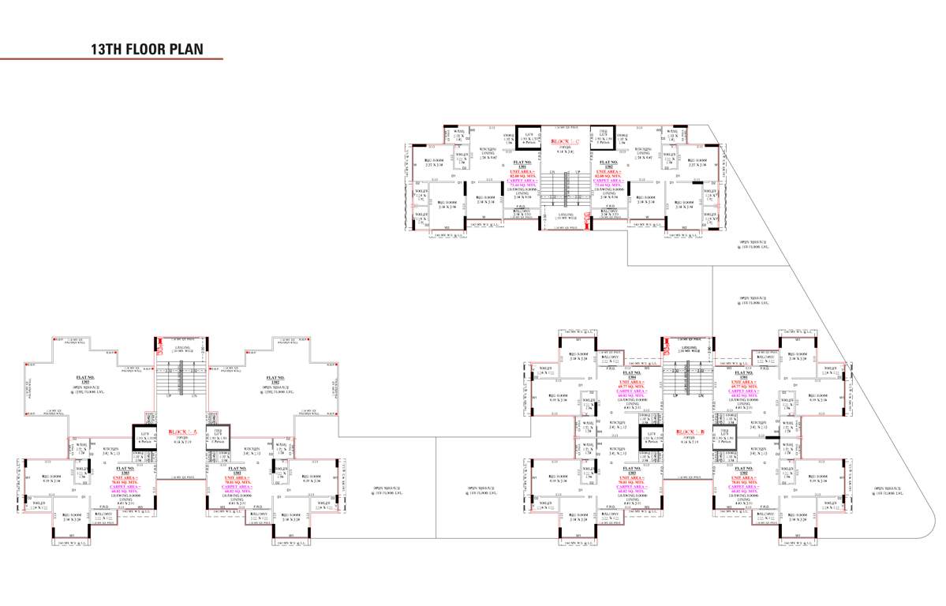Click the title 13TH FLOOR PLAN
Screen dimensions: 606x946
click(x=147, y=49)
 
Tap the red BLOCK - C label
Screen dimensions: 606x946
click(x=565, y=142)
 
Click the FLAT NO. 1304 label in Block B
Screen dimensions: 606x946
click(x=633, y=376)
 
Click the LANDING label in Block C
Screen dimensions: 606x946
click(x=565, y=215)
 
